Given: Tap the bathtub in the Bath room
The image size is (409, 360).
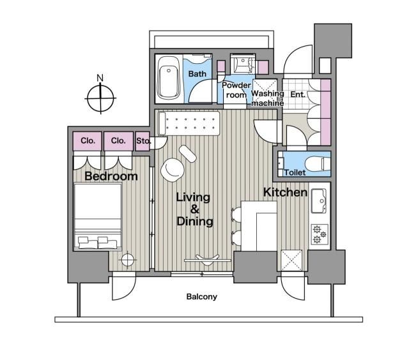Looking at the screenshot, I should coord(169,79).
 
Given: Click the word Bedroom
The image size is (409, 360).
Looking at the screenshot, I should coord(111,176).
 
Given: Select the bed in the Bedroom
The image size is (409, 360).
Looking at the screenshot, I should coord(97,216).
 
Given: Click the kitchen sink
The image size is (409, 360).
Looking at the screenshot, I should coord(319,204).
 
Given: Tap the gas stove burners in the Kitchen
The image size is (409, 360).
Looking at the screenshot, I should coord(319,234).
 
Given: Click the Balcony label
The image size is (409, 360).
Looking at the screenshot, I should coord(202,297).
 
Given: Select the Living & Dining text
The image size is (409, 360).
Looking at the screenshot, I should coord(194,209).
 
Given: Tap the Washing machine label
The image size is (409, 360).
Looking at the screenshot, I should coord(266,98).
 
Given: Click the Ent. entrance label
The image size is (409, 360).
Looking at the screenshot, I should coord(298,94).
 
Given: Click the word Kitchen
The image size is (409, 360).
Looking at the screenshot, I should coord(286,192).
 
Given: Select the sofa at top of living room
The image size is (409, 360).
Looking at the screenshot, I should coord(190,122).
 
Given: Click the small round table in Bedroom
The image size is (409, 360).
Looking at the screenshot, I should coord(128,260).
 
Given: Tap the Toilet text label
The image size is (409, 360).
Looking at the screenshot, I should coord(295,172).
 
